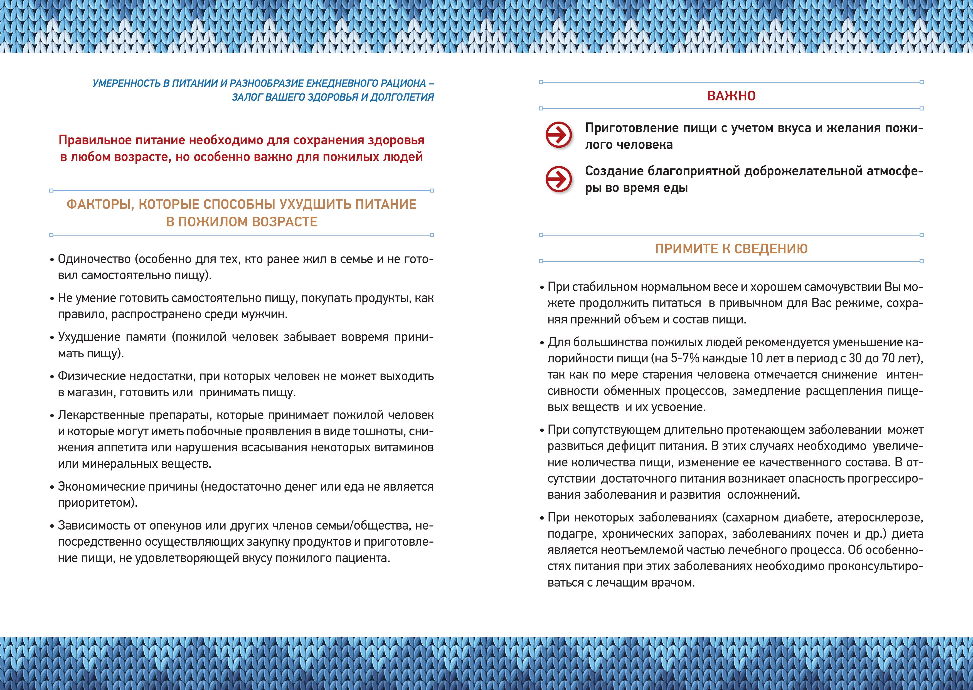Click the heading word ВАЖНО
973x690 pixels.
click(x=731, y=96)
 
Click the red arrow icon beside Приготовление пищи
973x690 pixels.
click(x=558, y=135)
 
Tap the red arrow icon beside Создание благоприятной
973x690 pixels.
click(x=558, y=179)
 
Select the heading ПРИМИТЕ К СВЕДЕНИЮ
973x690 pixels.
click(x=731, y=249)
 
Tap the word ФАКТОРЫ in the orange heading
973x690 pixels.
click(x=100, y=204)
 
